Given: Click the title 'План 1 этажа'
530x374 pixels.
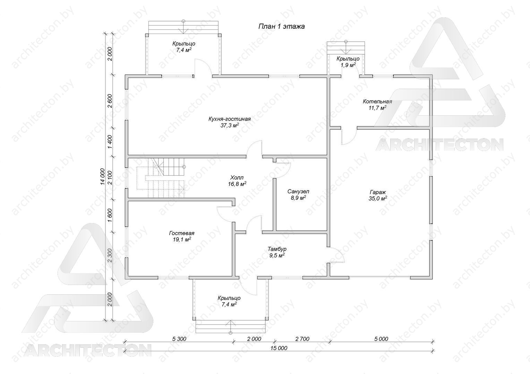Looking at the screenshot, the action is [281, 26].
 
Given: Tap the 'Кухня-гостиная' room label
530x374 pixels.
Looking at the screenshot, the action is [230, 119].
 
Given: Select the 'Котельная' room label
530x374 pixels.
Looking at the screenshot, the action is [377, 101].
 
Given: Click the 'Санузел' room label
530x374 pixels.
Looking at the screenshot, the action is [298, 192].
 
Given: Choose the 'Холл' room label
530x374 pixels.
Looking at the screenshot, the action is [237, 177].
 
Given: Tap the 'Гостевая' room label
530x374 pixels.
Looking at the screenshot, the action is [182, 233].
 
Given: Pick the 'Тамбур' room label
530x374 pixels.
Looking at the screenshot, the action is [277, 249].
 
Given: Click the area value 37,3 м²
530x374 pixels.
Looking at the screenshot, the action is [230, 125].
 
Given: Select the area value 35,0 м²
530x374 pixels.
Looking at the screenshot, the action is [378, 198].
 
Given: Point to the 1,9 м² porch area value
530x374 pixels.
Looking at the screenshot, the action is [348, 65].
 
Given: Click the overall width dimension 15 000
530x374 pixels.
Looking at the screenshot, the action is [279, 348].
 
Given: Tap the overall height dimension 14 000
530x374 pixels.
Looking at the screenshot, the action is [102, 176].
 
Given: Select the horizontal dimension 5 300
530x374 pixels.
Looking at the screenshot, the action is [179, 339].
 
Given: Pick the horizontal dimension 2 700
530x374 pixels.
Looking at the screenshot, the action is [302, 339].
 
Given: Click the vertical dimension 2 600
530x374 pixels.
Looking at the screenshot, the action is [110, 101].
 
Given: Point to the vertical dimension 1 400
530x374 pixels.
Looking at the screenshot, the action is [110, 142].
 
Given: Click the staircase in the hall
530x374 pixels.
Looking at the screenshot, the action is [161, 178].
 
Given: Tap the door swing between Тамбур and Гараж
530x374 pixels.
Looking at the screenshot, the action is [336, 255].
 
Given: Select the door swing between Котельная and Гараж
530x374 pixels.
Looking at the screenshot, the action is [349, 137].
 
